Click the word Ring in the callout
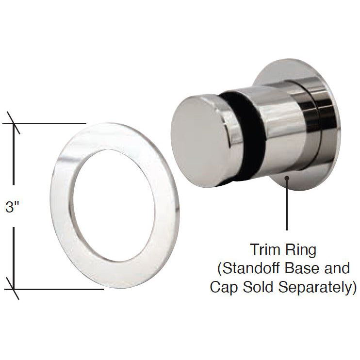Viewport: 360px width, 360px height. [300, 251]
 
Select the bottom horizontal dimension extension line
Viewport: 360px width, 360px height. [53, 289]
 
